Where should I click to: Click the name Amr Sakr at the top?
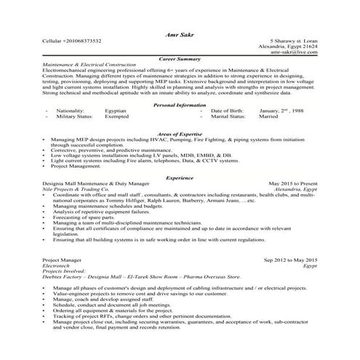click(180, 34)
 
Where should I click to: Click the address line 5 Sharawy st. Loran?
click(294, 41)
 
